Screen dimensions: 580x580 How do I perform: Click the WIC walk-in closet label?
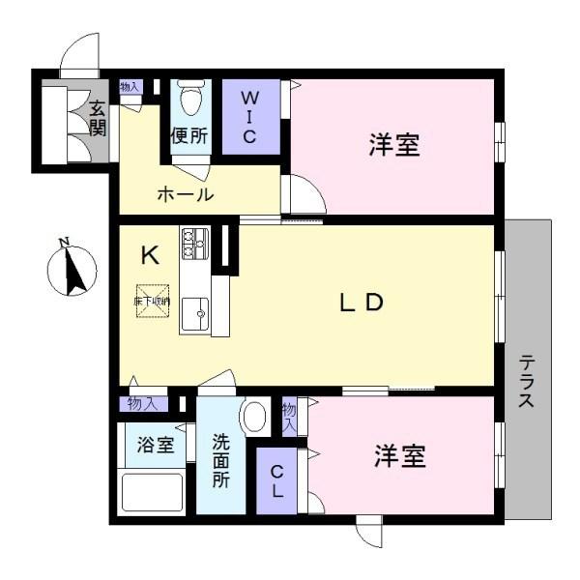[x=249, y=117]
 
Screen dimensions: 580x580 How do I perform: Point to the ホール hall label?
[x=185, y=194]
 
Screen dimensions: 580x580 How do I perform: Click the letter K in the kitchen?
[x=150, y=255]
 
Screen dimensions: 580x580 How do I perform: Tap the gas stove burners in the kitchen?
[x=194, y=239]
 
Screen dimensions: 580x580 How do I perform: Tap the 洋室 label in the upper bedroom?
[x=393, y=146]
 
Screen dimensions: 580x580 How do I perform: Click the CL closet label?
[x=276, y=481]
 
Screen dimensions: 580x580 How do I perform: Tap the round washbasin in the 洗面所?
[x=254, y=418]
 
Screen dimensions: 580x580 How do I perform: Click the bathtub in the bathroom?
[x=152, y=492]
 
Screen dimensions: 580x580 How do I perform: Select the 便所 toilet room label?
[x=189, y=136]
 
